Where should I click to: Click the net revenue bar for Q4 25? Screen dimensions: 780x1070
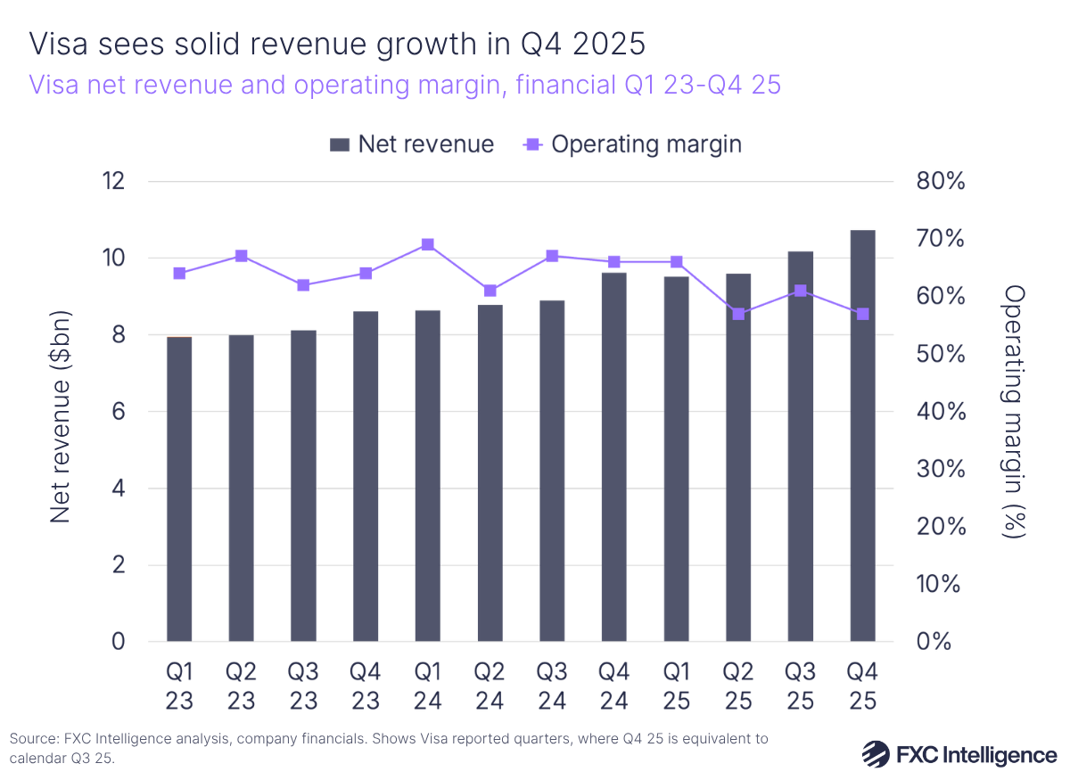(x=862, y=437)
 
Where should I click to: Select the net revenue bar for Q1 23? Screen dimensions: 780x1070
(x=179, y=489)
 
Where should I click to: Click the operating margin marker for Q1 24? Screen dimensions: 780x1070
(x=428, y=244)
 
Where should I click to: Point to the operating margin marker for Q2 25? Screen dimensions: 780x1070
(x=738, y=314)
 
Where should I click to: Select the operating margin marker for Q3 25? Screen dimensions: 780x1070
(x=801, y=291)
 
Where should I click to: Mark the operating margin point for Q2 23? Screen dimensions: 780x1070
(x=242, y=256)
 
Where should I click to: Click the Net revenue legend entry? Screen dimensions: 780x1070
(x=411, y=144)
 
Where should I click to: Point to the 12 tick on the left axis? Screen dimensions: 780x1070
(x=113, y=181)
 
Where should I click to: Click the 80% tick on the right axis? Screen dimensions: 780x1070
(x=941, y=181)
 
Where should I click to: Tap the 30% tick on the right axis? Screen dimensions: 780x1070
(x=941, y=469)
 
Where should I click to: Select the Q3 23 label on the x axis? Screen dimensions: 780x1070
(x=303, y=686)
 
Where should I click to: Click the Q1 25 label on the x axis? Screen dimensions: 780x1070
(x=676, y=686)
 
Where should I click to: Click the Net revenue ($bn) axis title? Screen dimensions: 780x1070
(x=60, y=416)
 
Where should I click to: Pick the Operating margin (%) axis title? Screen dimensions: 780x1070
(x=1014, y=412)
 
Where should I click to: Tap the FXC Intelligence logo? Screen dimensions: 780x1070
(x=959, y=754)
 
